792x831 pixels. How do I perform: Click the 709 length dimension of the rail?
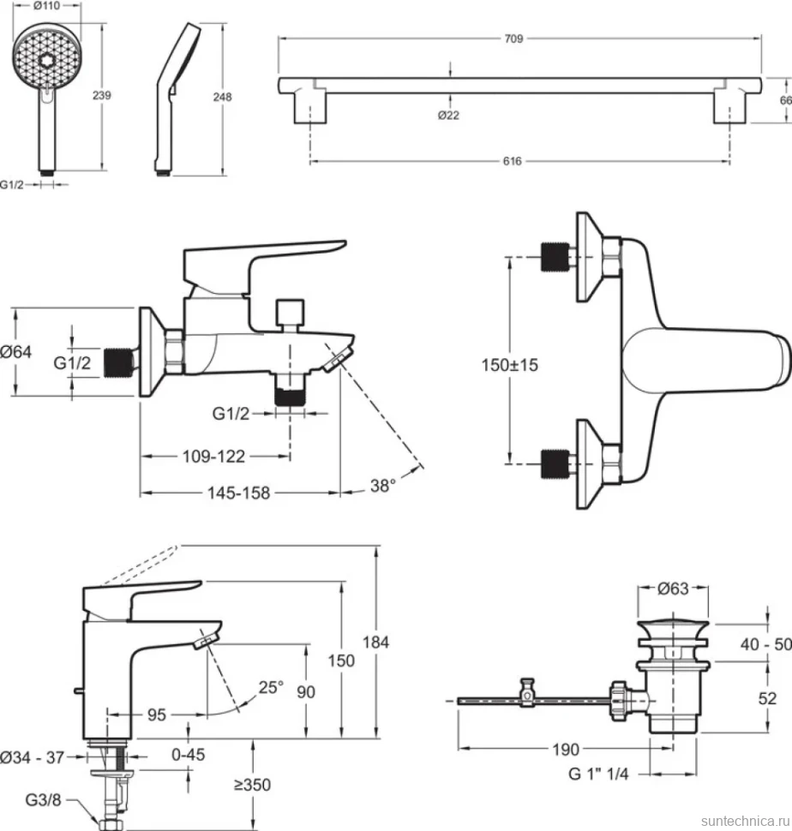(513, 39)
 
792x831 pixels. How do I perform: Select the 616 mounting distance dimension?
(512, 161)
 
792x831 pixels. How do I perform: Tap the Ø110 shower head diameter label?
(46, 6)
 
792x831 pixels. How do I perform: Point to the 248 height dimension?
(222, 97)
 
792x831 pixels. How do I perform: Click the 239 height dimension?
(102, 95)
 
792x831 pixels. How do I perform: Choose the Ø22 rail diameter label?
(448, 115)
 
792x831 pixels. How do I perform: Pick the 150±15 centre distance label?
(509, 365)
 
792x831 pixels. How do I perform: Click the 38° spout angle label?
(383, 486)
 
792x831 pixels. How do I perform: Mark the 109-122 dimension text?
(213, 457)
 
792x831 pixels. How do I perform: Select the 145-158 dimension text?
(238, 493)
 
